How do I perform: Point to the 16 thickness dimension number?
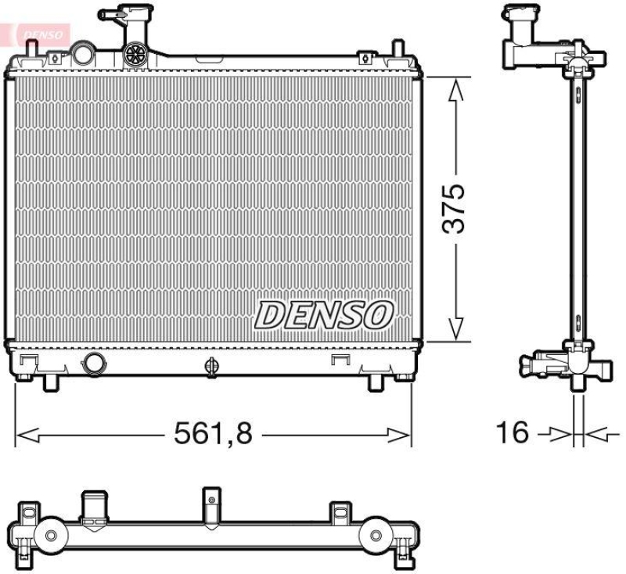513,432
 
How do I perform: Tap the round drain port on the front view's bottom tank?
94,363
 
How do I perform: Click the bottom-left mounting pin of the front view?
49,382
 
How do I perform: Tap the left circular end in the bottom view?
51,535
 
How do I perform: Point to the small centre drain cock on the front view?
210,364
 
